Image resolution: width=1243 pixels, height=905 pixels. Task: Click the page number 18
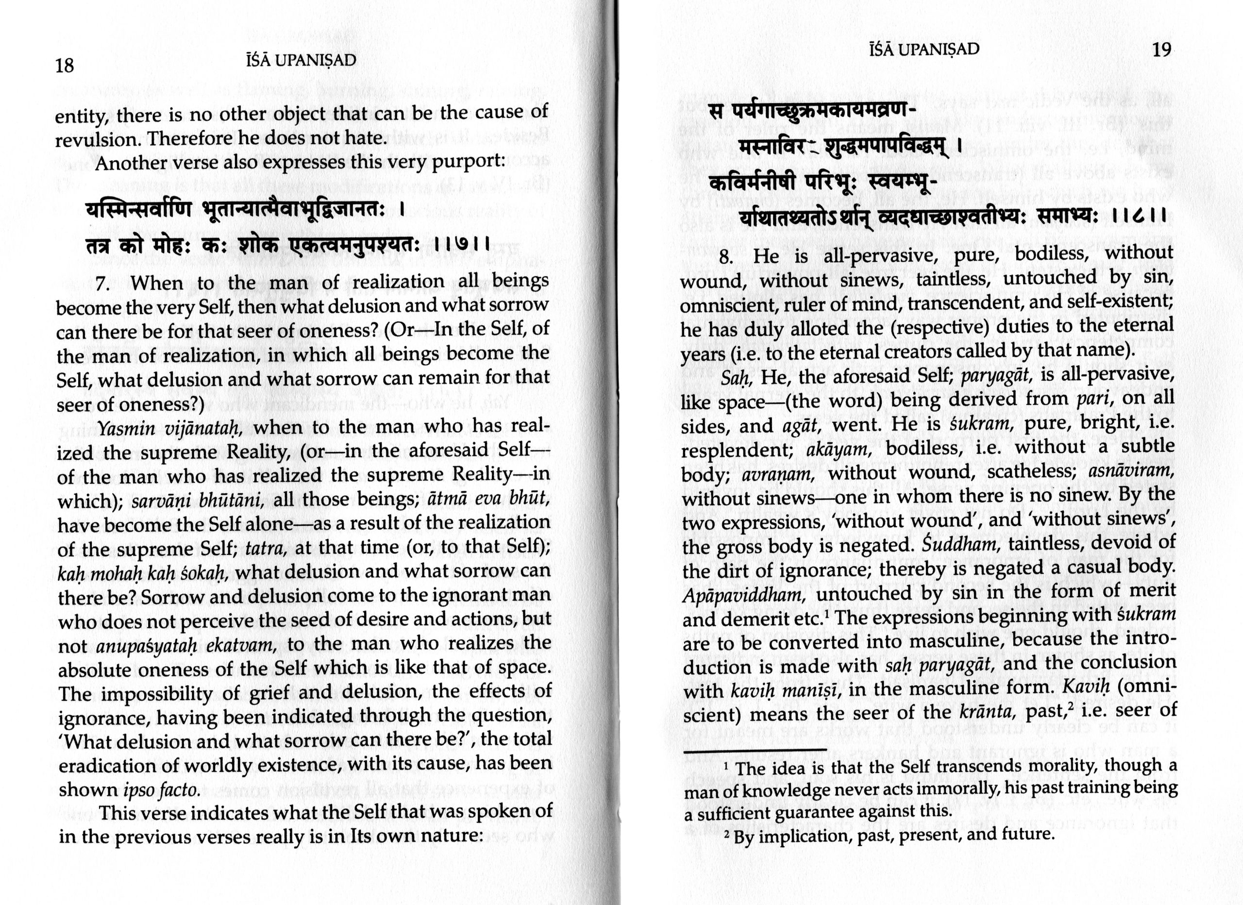point(65,66)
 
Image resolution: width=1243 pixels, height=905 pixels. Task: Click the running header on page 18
point(302,60)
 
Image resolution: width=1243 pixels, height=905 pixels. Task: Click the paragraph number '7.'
point(103,284)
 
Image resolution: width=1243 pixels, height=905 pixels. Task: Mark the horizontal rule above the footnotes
point(755,750)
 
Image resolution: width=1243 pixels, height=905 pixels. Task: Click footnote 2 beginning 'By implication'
point(893,836)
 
